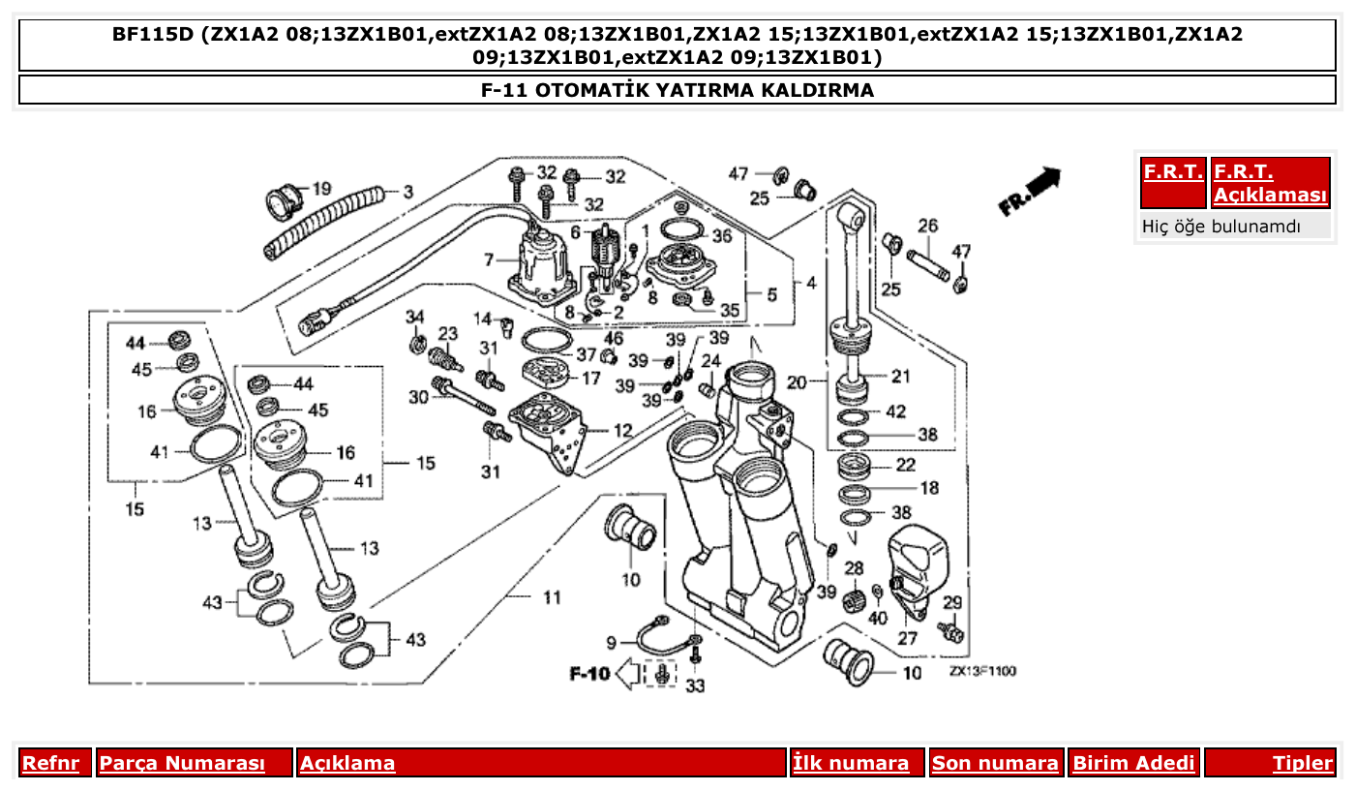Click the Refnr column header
(x=50, y=763)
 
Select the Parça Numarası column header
(x=182, y=763)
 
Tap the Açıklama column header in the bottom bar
(x=347, y=763)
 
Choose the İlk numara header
(x=851, y=763)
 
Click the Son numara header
(x=995, y=763)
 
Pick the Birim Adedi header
(x=1133, y=763)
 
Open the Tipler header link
(x=1302, y=763)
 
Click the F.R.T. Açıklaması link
(x=1270, y=183)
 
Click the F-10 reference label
(x=588, y=672)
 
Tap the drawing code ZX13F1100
(x=982, y=670)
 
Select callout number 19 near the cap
(x=320, y=188)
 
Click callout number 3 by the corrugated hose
(x=407, y=193)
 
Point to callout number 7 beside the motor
(x=489, y=259)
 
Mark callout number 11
(x=551, y=597)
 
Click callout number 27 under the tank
(x=907, y=639)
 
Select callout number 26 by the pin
(x=927, y=227)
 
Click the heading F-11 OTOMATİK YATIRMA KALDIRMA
(x=678, y=90)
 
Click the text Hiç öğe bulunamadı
(x=1221, y=227)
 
